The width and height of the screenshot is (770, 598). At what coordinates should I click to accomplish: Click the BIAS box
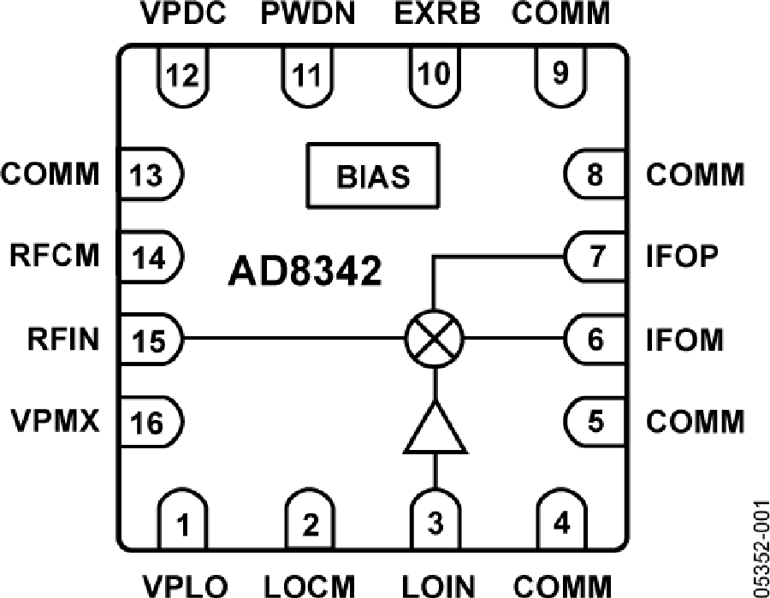(372, 178)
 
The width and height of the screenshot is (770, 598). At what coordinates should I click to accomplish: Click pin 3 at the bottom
(435, 520)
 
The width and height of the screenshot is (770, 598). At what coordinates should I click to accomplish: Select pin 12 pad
(183, 72)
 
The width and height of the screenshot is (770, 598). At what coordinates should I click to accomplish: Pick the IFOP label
(681, 257)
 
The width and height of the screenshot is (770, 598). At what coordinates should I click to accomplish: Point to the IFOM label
(685, 340)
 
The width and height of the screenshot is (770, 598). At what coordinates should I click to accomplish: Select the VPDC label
(183, 15)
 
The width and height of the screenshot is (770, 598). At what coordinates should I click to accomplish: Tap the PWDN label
(308, 15)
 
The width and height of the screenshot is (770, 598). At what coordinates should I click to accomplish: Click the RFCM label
(53, 257)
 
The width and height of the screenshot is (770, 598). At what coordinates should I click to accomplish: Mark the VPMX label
(53, 422)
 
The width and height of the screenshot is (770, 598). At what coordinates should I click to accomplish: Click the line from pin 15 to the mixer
(291, 339)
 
